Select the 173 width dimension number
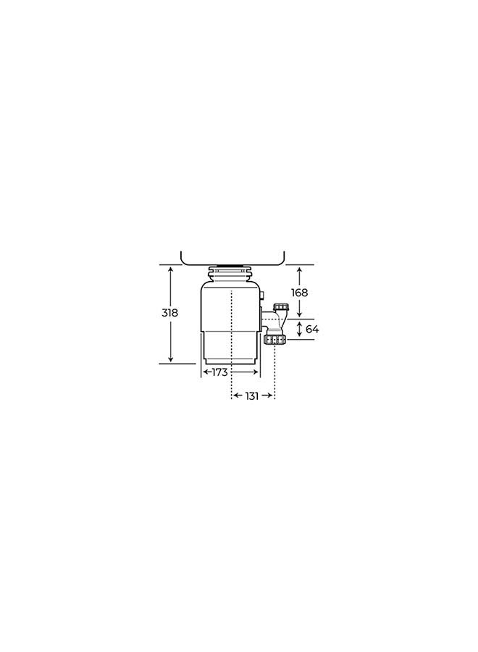219,372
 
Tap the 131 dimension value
252,396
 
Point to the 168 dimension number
300,292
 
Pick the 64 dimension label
312,329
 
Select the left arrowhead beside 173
206,372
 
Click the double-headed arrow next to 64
300,330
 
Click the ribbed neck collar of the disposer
230,275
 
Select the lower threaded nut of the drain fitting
274,338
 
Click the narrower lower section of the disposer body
230,348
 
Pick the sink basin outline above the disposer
232,259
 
